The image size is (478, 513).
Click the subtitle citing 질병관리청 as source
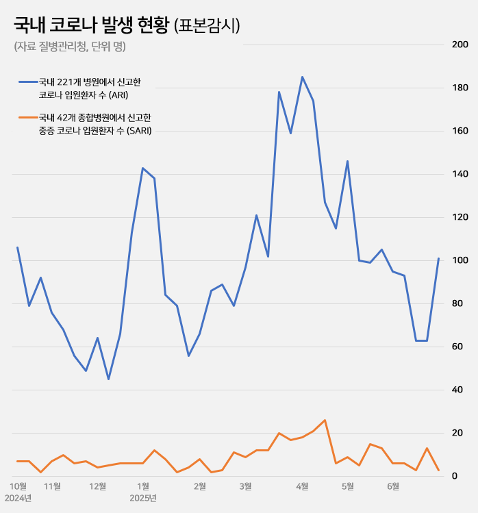click(69, 47)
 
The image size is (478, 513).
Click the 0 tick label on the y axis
click(464, 476)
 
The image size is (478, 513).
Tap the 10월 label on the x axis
click(17, 486)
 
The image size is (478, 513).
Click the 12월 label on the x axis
click(98, 486)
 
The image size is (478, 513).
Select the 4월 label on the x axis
click(302, 486)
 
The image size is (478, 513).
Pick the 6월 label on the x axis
click(393, 486)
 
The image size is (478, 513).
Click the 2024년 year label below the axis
click(19, 498)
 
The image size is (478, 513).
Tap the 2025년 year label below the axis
click(143, 498)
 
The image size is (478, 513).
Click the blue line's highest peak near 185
click(302, 77)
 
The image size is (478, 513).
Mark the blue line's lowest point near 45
click(109, 379)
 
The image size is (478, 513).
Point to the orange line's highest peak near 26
click(325, 420)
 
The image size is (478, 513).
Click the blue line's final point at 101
click(438, 258)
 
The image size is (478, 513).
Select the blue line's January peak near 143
click(142, 168)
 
